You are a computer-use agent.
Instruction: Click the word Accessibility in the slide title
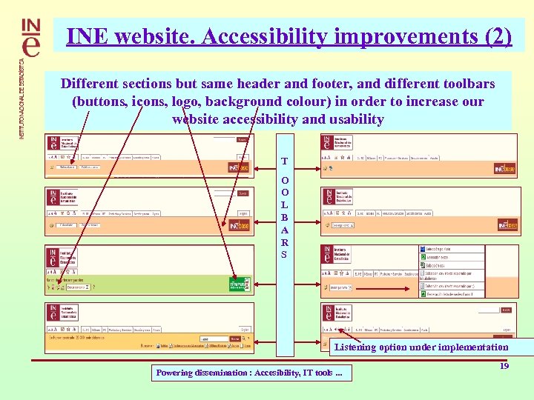coord(251,36)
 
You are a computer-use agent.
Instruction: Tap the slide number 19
coord(504,366)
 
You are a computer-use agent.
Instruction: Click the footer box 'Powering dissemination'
coord(250,373)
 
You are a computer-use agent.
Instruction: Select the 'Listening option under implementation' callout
coord(421,347)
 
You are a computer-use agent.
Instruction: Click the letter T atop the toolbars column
coord(285,161)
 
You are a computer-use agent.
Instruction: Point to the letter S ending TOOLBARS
coord(285,254)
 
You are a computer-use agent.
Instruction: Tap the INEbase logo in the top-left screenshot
coord(239,168)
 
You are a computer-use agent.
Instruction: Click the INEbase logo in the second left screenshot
coord(239,225)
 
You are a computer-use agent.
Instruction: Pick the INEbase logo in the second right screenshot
coord(507,224)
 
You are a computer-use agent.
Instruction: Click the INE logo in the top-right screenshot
coord(327,142)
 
